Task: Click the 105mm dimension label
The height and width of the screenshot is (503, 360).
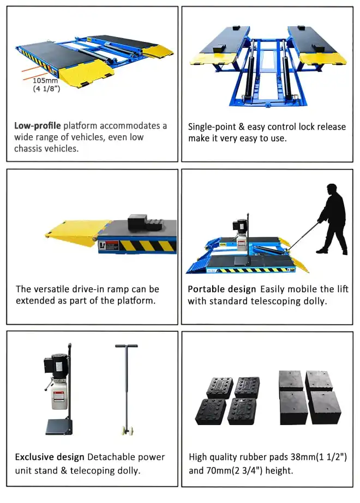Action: tap(45, 81)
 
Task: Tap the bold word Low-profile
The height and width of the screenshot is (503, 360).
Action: tap(37, 126)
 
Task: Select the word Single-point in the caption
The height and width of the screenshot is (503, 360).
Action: tap(212, 127)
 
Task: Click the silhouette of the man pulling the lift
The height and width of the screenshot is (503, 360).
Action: tap(332, 219)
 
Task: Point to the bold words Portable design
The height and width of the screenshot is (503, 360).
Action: tap(221, 289)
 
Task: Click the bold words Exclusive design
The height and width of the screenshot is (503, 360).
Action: tap(50, 457)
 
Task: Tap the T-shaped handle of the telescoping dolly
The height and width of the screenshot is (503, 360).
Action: tap(127, 346)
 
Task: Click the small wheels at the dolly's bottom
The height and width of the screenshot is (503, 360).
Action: tap(128, 430)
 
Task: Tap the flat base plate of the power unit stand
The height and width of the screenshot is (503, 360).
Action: tap(59, 427)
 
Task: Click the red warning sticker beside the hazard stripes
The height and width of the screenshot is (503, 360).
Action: tap(108, 246)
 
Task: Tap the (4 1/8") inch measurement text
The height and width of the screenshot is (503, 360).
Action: tap(46, 88)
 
